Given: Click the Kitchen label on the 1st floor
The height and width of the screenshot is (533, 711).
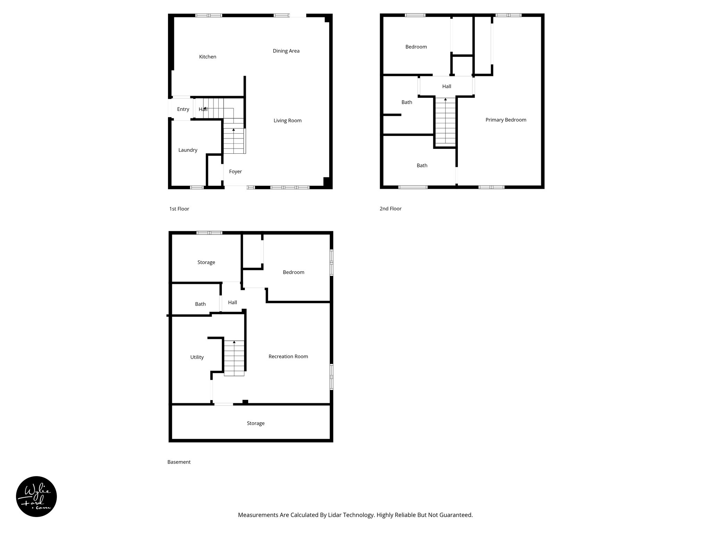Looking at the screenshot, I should tap(208, 57).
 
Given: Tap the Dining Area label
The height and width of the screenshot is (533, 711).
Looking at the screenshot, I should tap(286, 51).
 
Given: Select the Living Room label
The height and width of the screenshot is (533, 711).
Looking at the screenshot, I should tap(287, 121).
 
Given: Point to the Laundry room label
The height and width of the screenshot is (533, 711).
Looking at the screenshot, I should tap(188, 150).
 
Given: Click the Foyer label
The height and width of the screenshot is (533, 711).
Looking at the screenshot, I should tap(235, 172).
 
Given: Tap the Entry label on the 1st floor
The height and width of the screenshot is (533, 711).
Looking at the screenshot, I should tap(183, 109).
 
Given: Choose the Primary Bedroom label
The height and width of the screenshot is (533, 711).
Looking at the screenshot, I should tap(506, 120).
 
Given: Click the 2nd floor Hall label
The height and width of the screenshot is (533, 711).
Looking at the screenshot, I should tap(446, 86).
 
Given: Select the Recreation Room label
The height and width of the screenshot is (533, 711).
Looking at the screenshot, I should tap(288, 357).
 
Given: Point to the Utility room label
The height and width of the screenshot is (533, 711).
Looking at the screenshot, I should tap(197, 357).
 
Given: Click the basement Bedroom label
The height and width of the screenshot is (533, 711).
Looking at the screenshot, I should tap(293, 272).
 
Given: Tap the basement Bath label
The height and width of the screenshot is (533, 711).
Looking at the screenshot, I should tap(200, 304).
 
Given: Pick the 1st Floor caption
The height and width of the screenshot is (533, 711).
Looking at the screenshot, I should tap(179, 209).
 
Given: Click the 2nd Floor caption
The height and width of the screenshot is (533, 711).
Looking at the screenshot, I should tap(391, 209).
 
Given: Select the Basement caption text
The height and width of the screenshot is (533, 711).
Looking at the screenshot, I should tap(179, 462).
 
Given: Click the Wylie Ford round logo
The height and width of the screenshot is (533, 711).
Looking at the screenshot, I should tap(36, 497).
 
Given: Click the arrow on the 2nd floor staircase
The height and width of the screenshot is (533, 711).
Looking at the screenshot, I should tap(445, 100).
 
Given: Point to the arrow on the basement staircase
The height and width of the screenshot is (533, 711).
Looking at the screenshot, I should tap(234, 342).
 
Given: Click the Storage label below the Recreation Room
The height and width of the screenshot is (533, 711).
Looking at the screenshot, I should tap(256, 424).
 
